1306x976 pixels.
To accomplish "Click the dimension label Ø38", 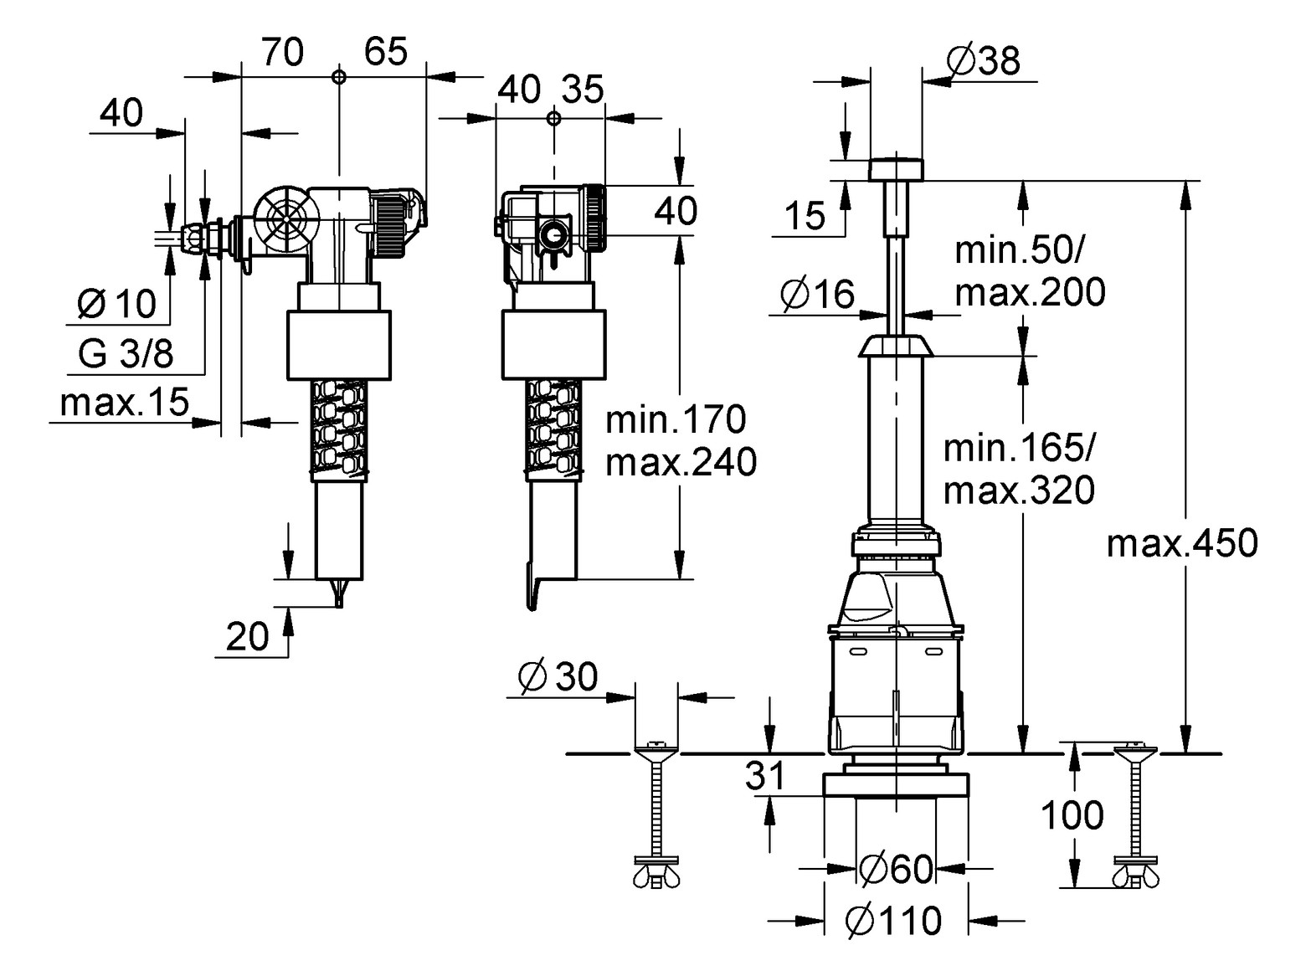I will [983, 61].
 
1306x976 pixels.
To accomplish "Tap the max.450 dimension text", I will [1181, 544].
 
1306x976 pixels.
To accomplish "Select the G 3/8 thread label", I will [126, 354].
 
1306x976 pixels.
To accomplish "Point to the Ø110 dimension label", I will [893, 922].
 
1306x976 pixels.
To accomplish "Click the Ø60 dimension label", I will [896, 870].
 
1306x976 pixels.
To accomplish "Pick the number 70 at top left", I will [282, 53].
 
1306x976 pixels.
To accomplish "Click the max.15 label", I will [125, 403].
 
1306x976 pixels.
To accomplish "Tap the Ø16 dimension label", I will [817, 294].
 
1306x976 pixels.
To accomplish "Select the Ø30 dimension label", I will [558, 676].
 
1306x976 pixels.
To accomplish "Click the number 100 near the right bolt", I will [1072, 815].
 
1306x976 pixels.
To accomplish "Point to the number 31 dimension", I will [766, 776].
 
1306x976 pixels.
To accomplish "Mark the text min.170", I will [676, 419].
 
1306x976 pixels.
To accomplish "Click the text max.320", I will [1019, 491].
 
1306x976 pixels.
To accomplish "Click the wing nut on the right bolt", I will [1136, 877].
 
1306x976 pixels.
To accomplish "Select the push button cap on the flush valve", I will [896, 168].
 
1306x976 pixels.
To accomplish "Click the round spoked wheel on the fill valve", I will [287, 219].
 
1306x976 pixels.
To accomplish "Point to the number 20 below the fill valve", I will [248, 637].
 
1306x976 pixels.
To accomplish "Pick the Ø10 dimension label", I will [116, 303].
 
